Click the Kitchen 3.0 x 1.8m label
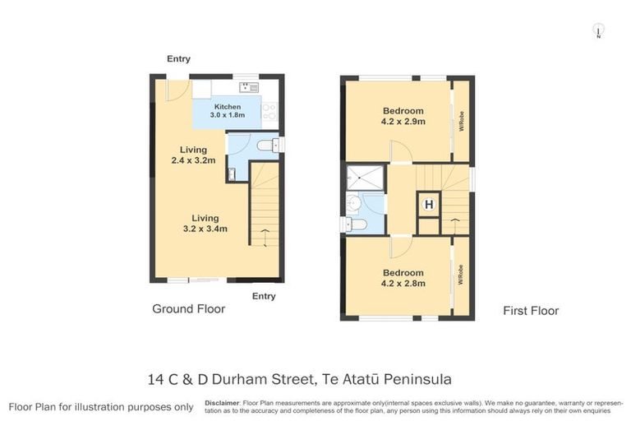228,111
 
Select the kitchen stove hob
271,110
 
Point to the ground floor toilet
265,146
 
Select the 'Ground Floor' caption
188,309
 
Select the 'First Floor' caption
531,311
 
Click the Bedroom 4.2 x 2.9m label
403,116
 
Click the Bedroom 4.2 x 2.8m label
403,278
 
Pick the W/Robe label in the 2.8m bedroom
462,275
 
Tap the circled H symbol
428,204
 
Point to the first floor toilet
357,223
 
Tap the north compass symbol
599,32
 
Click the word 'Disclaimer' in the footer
222,404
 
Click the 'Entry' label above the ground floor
178,58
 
